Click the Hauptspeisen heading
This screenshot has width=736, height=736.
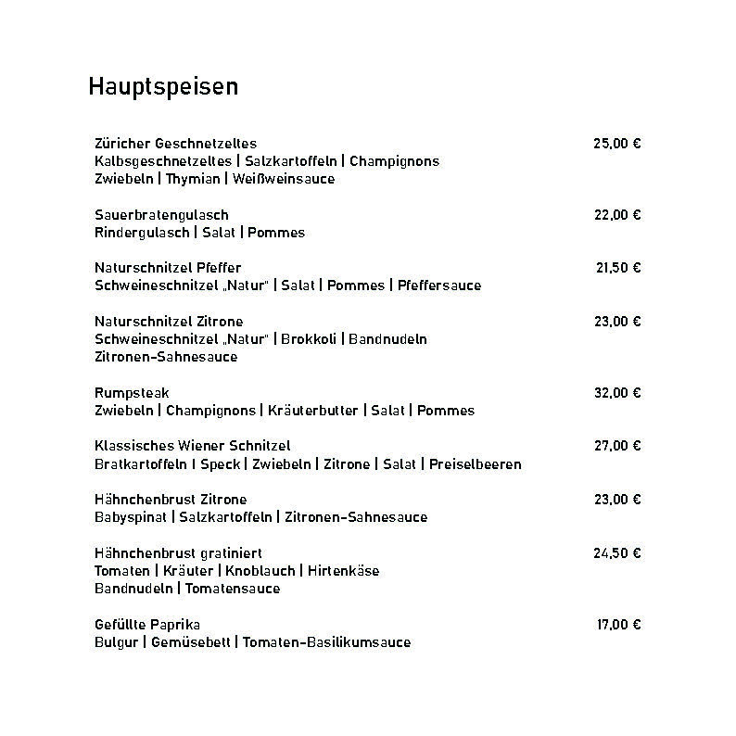tap(163, 86)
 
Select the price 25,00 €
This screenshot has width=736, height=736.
tap(617, 144)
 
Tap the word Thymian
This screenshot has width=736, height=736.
tap(193, 179)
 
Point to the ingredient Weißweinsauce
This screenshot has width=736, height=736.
tap(284, 179)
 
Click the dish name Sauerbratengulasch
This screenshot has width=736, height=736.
tap(161, 215)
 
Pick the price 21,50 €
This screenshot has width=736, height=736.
tap(618, 268)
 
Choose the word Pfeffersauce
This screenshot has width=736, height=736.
tap(439, 286)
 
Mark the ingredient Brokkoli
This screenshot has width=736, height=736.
tap(311, 339)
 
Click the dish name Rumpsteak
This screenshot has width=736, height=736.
tap(132, 393)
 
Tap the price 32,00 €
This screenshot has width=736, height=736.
tap(617, 393)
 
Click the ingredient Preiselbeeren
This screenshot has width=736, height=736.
tap(476, 464)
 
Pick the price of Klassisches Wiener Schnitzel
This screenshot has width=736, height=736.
tap(617, 446)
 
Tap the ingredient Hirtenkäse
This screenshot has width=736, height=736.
tap(344, 571)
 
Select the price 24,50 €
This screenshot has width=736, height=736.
tap(617, 553)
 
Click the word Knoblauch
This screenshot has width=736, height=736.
tap(260, 571)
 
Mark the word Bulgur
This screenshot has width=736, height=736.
tap(116, 642)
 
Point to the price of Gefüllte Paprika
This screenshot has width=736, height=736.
tap(618, 625)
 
